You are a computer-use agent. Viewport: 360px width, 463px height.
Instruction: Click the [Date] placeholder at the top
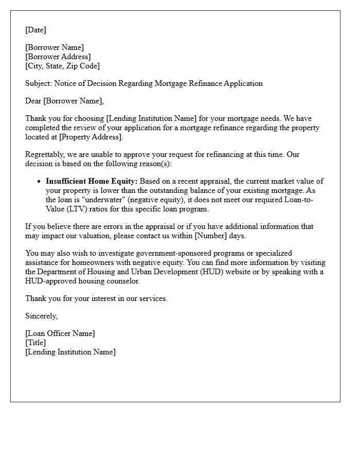35,30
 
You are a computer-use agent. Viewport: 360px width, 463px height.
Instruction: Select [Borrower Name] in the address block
55,47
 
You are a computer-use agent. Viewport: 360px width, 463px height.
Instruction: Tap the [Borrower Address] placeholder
58,57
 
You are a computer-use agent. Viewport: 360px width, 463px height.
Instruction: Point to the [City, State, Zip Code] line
62,66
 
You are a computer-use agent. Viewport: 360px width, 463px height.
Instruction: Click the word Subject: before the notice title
39,83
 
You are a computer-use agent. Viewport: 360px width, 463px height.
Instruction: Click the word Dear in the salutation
33,101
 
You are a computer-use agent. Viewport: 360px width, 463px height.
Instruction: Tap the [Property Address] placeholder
89,137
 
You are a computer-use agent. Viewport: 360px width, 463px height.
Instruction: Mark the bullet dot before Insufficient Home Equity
39,182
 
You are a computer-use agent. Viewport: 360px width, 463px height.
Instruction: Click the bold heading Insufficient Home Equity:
92,181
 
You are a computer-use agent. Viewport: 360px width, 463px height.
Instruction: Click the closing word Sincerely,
42,316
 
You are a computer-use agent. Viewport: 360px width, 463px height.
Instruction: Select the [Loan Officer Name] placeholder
60,333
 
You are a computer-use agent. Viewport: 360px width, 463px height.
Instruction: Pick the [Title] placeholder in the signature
35,343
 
